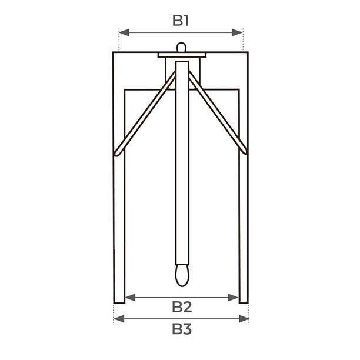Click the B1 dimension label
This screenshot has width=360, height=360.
click(181, 21)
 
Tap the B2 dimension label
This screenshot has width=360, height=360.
click(182, 306)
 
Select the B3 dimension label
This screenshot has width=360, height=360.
click(182, 329)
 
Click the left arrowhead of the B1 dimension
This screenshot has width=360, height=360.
click(125, 32)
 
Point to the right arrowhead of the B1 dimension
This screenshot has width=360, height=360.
click(237, 32)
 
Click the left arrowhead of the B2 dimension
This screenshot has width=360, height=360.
click(131, 298)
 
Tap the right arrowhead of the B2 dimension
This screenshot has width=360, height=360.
click(233, 298)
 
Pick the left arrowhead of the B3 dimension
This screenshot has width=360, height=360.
click(119, 319)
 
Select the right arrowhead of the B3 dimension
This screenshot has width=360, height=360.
click(244, 319)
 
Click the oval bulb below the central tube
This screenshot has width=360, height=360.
click(182, 275)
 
